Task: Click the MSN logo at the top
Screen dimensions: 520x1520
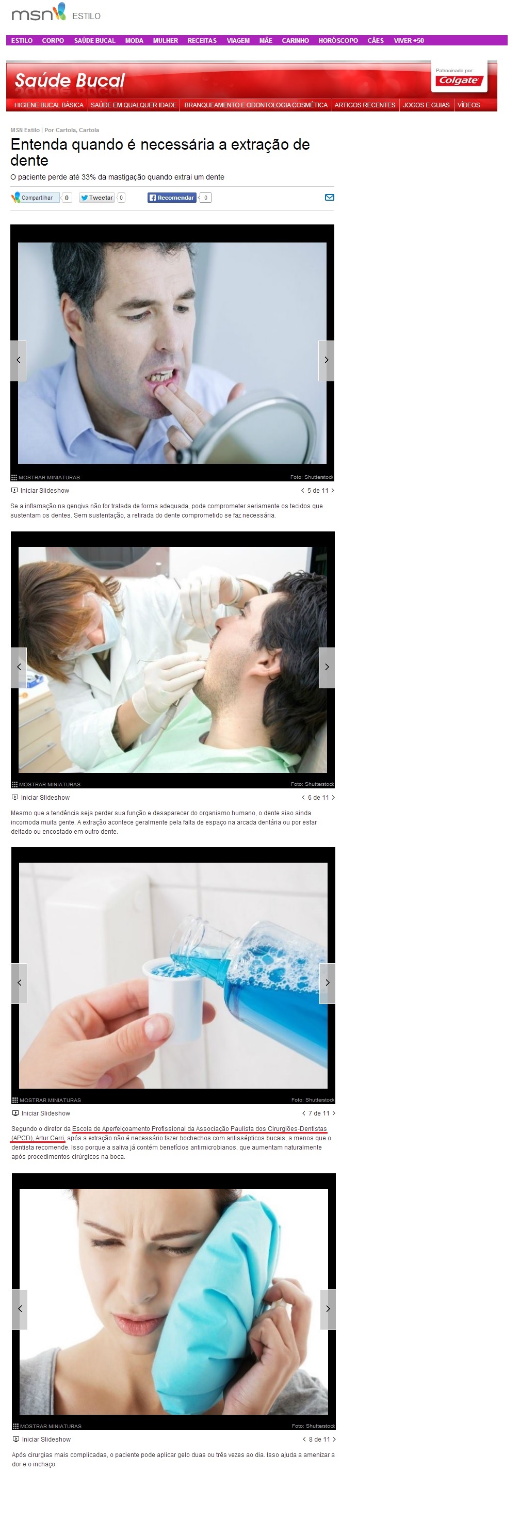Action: coord(38,12)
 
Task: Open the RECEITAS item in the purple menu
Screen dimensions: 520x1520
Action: coord(202,41)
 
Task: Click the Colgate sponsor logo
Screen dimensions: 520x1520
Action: coord(460,80)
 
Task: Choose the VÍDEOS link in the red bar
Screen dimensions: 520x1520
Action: coord(468,105)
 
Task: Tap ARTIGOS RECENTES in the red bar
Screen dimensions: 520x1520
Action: coord(365,105)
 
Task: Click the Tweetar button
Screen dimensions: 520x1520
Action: coord(97,198)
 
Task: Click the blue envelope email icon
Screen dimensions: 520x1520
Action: coord(329,198)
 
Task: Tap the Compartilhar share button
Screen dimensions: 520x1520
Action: coord(36,198)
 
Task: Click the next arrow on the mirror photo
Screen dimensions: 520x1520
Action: coord(327,360)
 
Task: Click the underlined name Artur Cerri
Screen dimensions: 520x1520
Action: coord(50,1138)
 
